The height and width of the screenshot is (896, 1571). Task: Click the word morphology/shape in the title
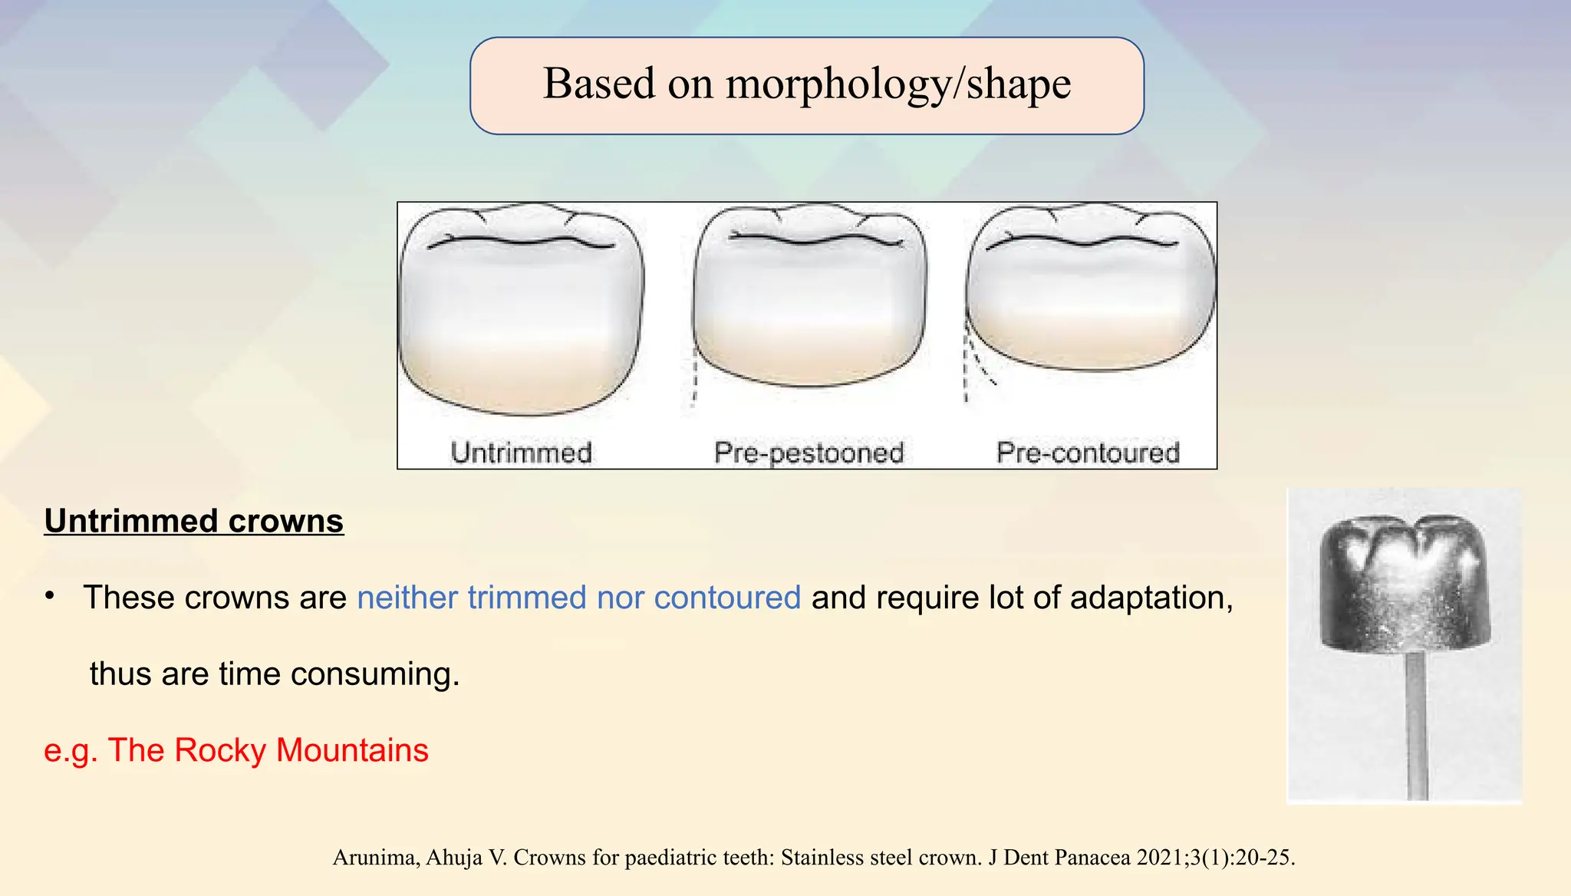tap(898, 84)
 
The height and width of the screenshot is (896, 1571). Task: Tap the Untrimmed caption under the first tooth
tap(521, 453)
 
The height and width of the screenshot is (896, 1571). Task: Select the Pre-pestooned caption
tap(809, 453)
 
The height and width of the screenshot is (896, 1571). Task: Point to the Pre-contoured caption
tap(1088, 453)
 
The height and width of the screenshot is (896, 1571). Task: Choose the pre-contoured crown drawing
tap(1089, 288)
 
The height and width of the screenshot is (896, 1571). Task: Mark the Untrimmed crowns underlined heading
tap(193, 521)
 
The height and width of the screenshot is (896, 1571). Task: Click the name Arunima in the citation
tap(374, 858)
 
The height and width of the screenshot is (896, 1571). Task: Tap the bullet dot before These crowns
tap(50, 597)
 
